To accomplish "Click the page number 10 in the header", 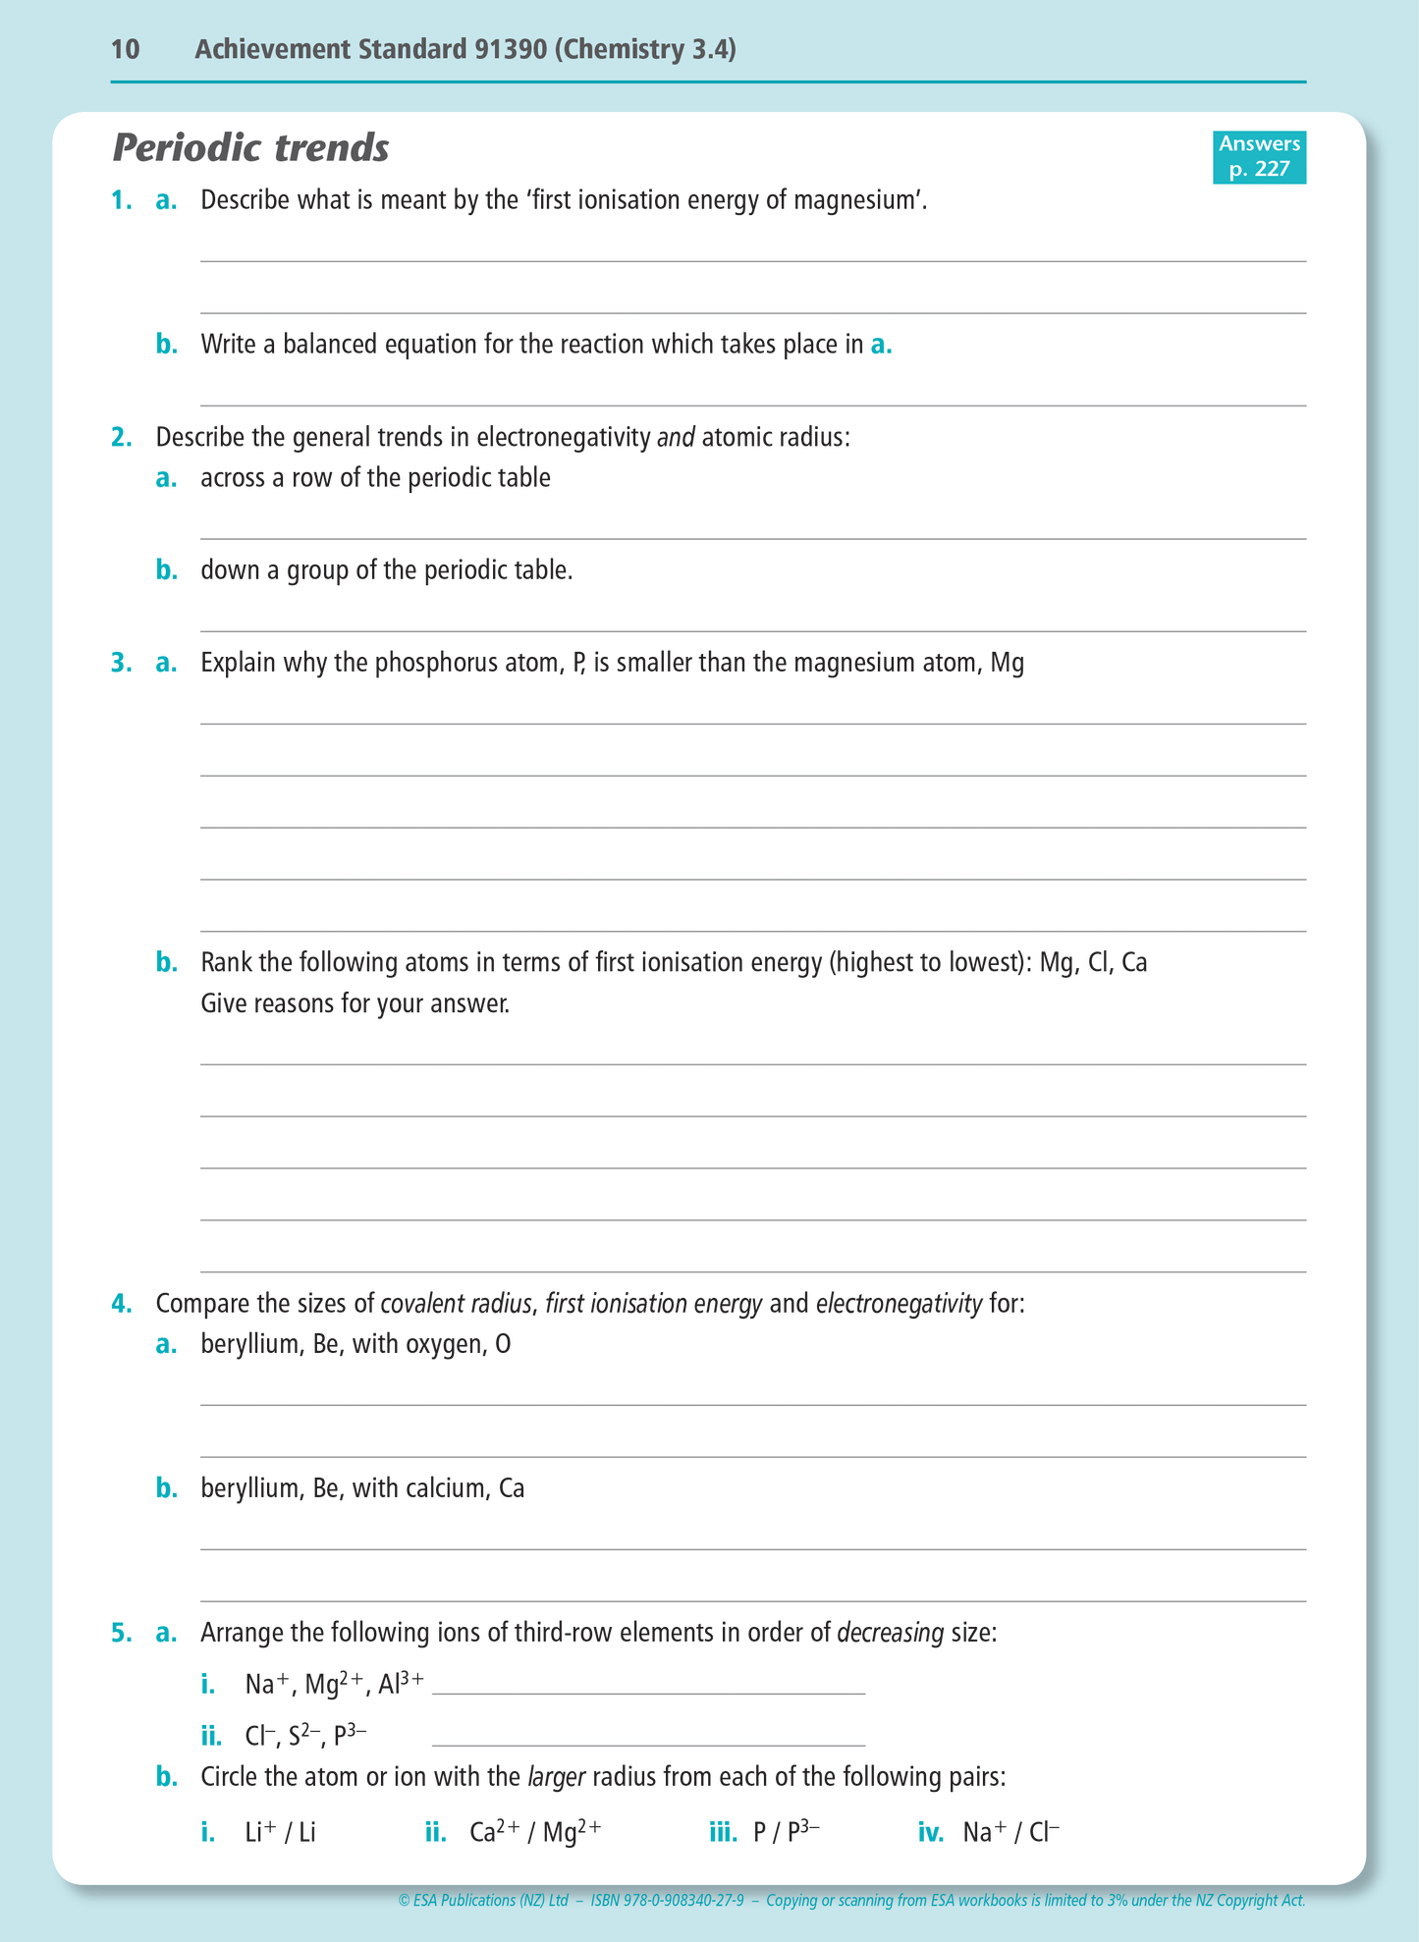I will coord(126,49).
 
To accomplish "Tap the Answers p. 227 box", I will coord(1259,157).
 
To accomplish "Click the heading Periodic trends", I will coord(251,148).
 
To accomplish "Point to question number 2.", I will coord(121,437).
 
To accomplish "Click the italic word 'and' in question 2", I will coord(676,437).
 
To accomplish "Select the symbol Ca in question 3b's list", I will coord(1134,962).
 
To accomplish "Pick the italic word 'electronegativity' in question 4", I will coord(899,1304).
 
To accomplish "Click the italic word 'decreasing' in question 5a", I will coord(890,1633).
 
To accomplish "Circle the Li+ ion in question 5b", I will coord(260,1832).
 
